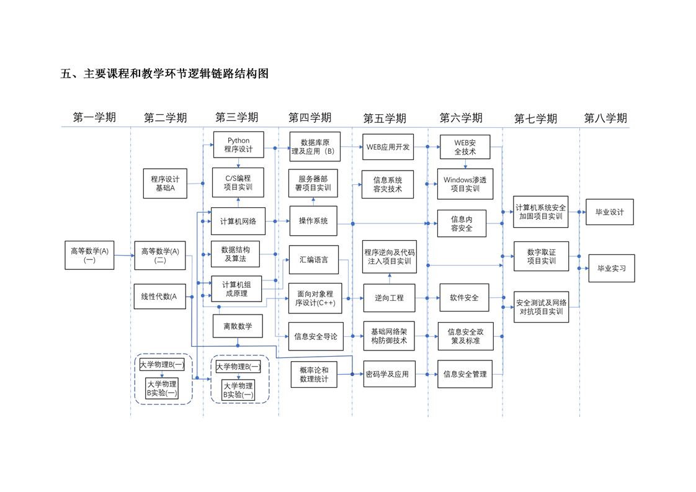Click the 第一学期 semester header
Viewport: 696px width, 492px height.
point(94,117)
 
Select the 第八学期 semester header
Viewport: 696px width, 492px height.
point(605,118)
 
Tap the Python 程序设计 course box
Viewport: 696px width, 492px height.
point(239,145)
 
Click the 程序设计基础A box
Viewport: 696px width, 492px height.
point(165,183)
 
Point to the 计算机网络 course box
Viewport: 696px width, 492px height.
point(238,221)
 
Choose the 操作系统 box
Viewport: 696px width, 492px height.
point(313,221)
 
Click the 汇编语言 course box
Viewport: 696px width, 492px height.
point(313,260)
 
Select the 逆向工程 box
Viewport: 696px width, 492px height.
point(389,298)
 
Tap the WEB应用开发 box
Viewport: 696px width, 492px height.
point(388,147)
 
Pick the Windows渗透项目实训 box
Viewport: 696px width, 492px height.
point(465,184)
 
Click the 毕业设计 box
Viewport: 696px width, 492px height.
point(609,212)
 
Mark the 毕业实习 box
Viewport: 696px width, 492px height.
point(611,268)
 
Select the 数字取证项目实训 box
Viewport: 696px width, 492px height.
point(541,256)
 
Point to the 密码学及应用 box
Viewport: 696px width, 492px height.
point(388,374)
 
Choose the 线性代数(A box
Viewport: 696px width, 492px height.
point(159,297)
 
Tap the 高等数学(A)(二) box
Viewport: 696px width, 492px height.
point(159,256)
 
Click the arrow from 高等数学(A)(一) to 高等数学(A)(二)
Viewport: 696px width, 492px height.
point(124,255)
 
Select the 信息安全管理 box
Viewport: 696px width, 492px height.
point(465,374)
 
